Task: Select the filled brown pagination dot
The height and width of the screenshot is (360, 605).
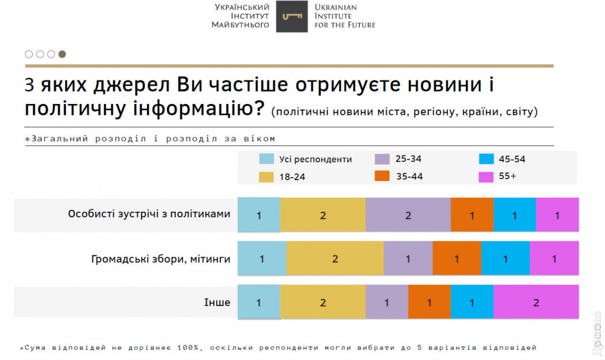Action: tap(62, 54)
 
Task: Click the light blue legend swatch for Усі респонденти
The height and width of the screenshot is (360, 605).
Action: tap(267, 159)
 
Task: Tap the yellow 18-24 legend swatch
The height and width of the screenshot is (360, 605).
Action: tap(267, 177)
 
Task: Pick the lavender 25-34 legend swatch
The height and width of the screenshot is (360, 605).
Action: tap(382, 159)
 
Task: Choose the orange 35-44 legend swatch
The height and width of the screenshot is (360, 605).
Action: tap(382, 177)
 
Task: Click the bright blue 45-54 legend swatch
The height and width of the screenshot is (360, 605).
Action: tap(486, 159)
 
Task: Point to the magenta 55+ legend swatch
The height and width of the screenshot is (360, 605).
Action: tap(486, 177)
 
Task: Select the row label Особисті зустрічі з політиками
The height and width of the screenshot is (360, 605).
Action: tap(149, 214)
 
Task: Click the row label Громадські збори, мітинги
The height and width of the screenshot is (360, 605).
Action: tap(160, 258)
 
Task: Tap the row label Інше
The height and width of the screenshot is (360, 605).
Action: tap(219, 302)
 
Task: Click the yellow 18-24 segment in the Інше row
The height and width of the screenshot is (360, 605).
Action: tap(322, 303)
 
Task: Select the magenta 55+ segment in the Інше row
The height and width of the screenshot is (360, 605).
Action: tap(536, 303)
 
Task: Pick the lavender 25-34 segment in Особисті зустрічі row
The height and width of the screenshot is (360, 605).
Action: tap(408, 215)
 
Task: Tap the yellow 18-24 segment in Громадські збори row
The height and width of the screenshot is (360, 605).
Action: tap(335, 258)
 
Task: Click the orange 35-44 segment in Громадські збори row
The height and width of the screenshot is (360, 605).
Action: tap(457, 258)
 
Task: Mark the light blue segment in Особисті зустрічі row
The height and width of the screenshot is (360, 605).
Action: tap(259, 215)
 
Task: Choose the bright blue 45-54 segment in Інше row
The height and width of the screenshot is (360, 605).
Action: tap(472, 303)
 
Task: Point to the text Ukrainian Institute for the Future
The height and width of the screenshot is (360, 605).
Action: tap(344, 16)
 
